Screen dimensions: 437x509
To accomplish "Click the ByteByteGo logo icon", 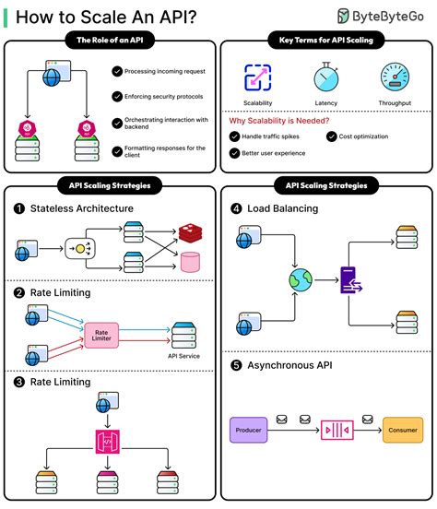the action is [x=343, y=16].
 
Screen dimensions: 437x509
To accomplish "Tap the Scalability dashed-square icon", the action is [x=257, y=77].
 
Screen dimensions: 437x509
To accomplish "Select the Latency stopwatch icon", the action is [x=326, y=77].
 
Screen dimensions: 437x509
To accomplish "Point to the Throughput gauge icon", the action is [x=395, y=77].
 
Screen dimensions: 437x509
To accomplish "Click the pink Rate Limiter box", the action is [x=101, y=336].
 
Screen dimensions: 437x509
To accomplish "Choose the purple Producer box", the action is [x=248, y=430].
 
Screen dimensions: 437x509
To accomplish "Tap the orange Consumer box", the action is [x=403, y=430].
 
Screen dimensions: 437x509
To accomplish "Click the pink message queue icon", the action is [x=337, y=430].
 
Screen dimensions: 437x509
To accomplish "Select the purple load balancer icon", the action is [x=350, y=280].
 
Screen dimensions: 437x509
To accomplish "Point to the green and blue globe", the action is [x=301, y=279].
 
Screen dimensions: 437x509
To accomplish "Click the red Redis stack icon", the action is [x=190, y=232].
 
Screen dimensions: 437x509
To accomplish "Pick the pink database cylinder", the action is [x=190, y=262].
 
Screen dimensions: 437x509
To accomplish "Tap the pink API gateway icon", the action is [x=108, y=442].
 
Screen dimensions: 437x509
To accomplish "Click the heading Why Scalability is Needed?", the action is [x=279, y=121].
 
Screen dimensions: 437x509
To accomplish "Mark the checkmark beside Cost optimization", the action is [x=332, y=136].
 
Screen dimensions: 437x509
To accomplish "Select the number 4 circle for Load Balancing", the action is [x=236, y=208].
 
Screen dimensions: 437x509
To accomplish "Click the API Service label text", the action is [x=183, y=356].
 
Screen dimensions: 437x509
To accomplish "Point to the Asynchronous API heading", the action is [x=289, y=365].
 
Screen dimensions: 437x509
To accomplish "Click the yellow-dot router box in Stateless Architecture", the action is [x=80, y=249].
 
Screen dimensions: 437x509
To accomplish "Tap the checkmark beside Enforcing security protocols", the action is [x=117, y=97].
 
